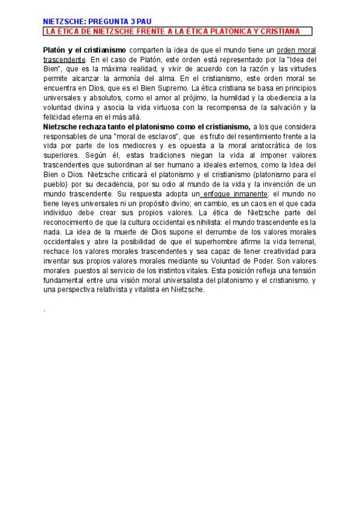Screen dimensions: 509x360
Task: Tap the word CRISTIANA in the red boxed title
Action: (281, 31)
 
